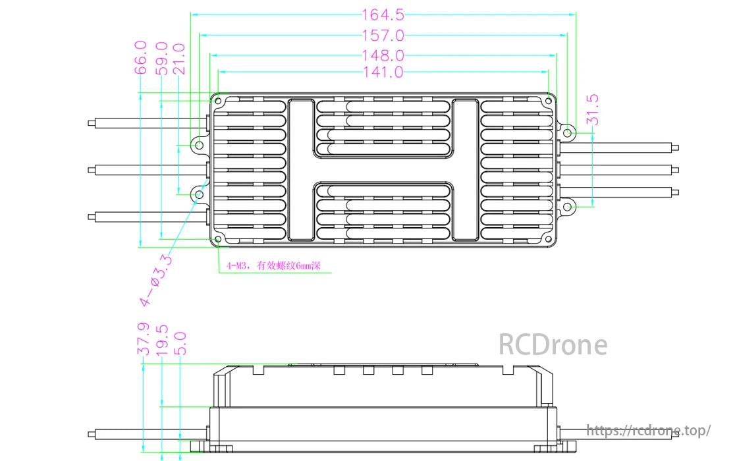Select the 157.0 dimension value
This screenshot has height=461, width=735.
click(383, 36)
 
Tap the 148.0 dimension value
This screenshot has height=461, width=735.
click(383, 56)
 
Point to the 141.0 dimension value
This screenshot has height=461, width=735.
click(383, 72)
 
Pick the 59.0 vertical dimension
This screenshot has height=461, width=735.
click(161, 58)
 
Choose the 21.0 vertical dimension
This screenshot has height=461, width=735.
click(180, 58)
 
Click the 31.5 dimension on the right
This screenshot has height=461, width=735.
click(592, 109)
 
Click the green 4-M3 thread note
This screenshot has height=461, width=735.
click(273, 267)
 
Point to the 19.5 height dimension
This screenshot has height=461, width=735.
click(162, 339)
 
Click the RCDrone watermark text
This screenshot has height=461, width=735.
click(552, 344)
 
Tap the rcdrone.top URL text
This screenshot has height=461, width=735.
click(648, 431)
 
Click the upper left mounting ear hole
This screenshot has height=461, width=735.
click(197, 144)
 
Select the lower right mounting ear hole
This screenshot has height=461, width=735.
click(568, 208)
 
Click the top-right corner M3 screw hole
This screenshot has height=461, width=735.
click(549, 100)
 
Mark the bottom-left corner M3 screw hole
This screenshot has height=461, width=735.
click(219, 239)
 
